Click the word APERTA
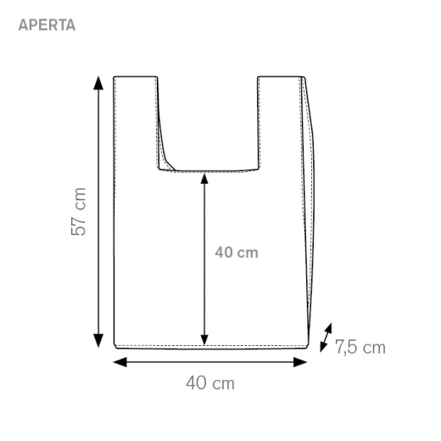coord(47,25)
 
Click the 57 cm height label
coord(78,211)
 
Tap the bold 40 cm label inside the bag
coord(237,253)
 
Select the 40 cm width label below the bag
coord(210,383)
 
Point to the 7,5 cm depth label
coord(360,347)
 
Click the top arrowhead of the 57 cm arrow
coord(98,83)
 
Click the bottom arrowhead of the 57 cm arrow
coord(98,340)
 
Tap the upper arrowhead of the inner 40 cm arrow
coord(204,179)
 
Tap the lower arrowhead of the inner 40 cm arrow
coord(204,340)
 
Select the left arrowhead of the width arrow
coord(120,362)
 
